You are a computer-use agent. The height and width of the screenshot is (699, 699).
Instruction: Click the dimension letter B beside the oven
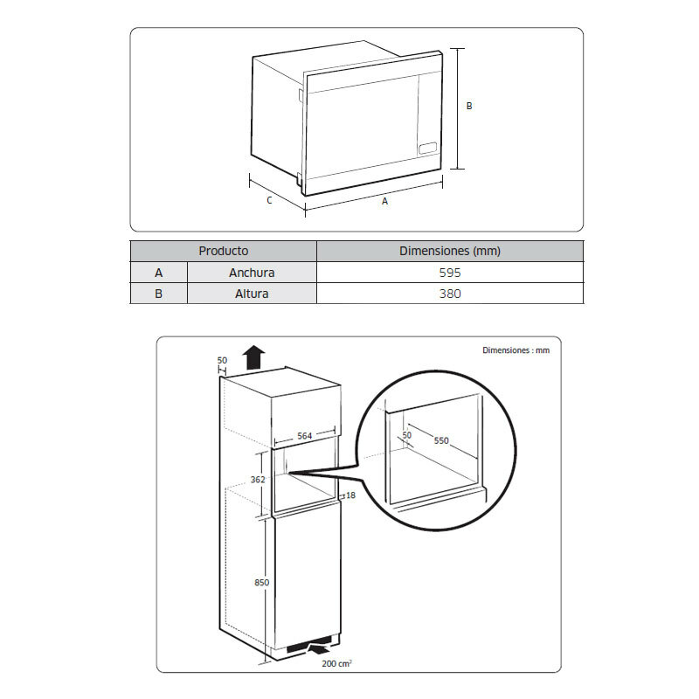click(x=469, y=106)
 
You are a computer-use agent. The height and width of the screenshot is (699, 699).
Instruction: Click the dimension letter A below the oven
click(x=384, y=201)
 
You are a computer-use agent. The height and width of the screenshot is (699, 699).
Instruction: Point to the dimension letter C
click(x=269, y=200)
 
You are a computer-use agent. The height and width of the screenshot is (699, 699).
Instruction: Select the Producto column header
click(x=223, y=251)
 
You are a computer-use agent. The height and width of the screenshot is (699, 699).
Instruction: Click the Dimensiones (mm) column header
click(x=449, y=251)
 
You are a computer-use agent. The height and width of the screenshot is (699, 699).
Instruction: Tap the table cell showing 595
click(x=449, y=273)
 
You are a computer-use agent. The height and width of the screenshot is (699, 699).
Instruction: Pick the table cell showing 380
click(x=449, y=294)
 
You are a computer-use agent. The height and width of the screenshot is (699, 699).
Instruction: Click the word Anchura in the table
click(x=252, y=273)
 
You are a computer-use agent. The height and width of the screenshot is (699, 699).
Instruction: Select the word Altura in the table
click(x=252, y=294)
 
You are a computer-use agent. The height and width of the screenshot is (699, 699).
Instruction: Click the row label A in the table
click(x=158, y=273)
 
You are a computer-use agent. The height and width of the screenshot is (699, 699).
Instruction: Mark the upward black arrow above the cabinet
click(x=254, y=357)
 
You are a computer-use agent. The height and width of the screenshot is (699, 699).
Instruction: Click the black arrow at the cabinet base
click(x=321, y=648)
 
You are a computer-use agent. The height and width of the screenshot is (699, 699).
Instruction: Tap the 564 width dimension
click(x=303, y=435)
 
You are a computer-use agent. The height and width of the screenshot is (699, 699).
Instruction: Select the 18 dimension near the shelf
click(x=350, y=495)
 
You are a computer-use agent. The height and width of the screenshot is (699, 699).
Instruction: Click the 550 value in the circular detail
click(x=440, y=440)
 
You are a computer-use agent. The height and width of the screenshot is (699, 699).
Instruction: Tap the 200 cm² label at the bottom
click(x=336, y=664)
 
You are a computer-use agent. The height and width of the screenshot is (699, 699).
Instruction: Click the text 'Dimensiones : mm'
click(x=516, y=349)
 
